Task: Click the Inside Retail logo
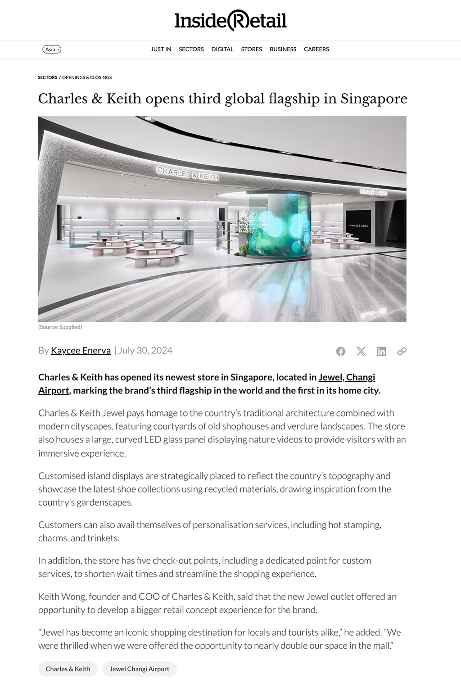[x=230, y=21]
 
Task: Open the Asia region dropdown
[x=52, y=50]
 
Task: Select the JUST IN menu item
[x=161, y=50]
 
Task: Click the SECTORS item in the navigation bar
[x=191, y=50]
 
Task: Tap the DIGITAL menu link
[x=222, y=50]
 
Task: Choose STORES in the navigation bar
[x=251, y=50]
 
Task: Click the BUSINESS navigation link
[x=283, y=50]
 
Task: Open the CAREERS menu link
[x=316, y=50]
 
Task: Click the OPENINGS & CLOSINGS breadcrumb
[x=87, y=77]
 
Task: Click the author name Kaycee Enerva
[x=81, y=350]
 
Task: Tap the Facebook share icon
[x=341, y=352]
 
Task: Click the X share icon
[x=361, y=352]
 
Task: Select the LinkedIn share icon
[x=381, y=352]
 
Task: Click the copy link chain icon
[x=402, y=352]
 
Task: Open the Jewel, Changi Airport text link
[x=347, y=377]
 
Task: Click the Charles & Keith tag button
[x=68, y=669]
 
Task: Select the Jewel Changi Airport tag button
[x=140, y=669]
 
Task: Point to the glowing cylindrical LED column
[x=280, y=225]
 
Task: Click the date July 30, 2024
[x=145, y=350]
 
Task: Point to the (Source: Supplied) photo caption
[x=60, y=327]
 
